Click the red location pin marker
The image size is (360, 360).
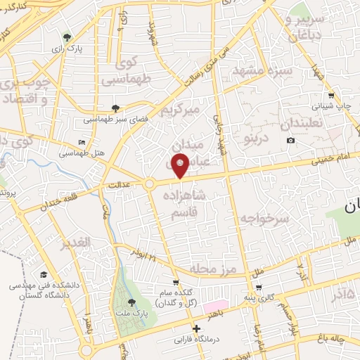181,167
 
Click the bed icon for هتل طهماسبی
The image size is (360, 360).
82,143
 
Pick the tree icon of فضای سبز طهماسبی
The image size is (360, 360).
115,108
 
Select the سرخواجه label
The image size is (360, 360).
265,219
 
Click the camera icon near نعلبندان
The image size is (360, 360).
291,141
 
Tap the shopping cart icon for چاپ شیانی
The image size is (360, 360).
330,95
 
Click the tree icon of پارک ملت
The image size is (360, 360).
131,302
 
